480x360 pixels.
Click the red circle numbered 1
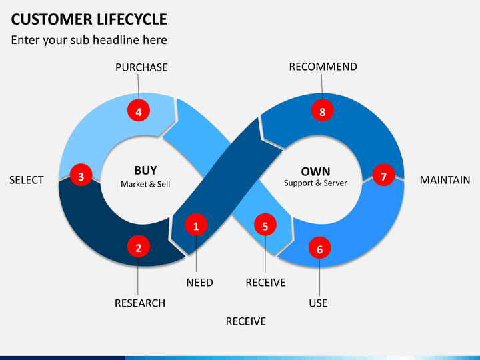[x=196, y=226]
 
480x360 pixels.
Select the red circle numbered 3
[x=81, y=177]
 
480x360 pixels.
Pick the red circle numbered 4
[x=139, y=112]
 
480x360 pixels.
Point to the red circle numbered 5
[x=265, y=226]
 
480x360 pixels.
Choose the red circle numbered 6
[x=319, y=249]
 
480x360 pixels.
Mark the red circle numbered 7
[x=383, y=177]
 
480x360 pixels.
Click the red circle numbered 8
[x=322, y=112]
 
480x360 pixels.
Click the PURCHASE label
[x=141, y=67]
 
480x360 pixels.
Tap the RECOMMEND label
[x=323, y=67]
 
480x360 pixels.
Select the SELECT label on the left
[x=27, y=180]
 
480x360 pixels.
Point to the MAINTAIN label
[x=445, y=180]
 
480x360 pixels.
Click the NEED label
[x=199, y=283]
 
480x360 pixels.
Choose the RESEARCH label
[x=140, y=303]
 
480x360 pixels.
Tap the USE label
[x=318, y=303]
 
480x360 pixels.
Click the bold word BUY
[x=145, y=171]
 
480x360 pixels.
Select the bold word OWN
[x=315, y=171]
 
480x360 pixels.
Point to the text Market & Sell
[x=145, y=184]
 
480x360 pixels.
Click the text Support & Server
[x=315, y=183]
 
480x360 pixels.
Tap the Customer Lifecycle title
[x=89, y=19]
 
